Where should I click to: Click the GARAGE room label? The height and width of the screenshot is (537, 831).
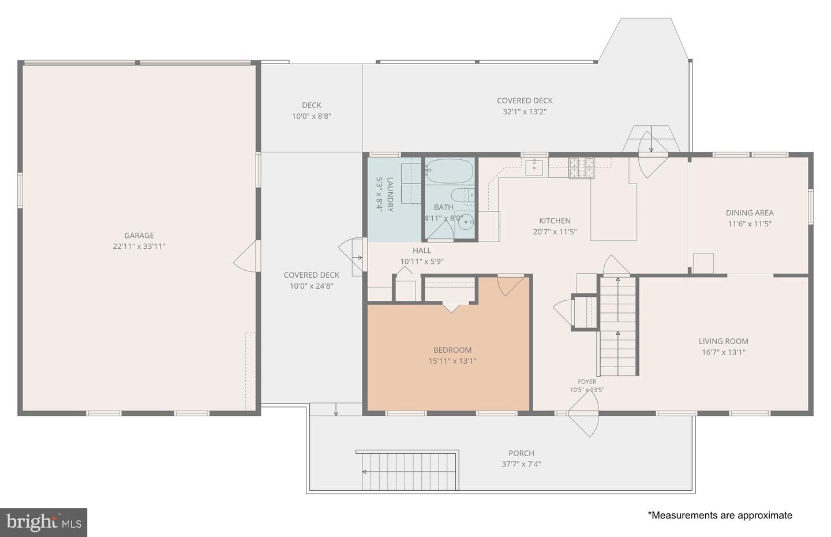coord(139,235)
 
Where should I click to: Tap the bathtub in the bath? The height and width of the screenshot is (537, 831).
coord(449,171)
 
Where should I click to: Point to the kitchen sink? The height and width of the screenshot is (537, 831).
coord(534,168)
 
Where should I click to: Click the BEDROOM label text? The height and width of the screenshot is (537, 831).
coord(452,350)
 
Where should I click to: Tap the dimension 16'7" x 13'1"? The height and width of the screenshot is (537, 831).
coord(724,352)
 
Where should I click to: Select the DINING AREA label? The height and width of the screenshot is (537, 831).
coord(750,213)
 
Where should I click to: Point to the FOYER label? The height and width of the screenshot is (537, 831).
coord(587,382)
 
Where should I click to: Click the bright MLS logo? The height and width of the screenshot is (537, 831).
coord(44,523)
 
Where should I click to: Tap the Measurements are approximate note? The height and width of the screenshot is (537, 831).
coord(720,515)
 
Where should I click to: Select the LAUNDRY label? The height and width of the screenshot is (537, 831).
coord(390,195)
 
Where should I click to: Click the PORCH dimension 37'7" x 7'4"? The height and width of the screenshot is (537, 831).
coord(521,464)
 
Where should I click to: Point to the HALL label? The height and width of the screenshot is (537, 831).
coord(422,251)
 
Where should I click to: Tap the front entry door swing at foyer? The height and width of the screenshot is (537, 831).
coord(584,413)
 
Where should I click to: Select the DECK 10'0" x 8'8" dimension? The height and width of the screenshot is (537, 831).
coord(312,116)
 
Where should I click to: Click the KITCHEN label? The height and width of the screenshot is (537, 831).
coord(555,221)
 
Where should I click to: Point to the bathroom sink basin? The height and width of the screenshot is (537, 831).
coord(466,222)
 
